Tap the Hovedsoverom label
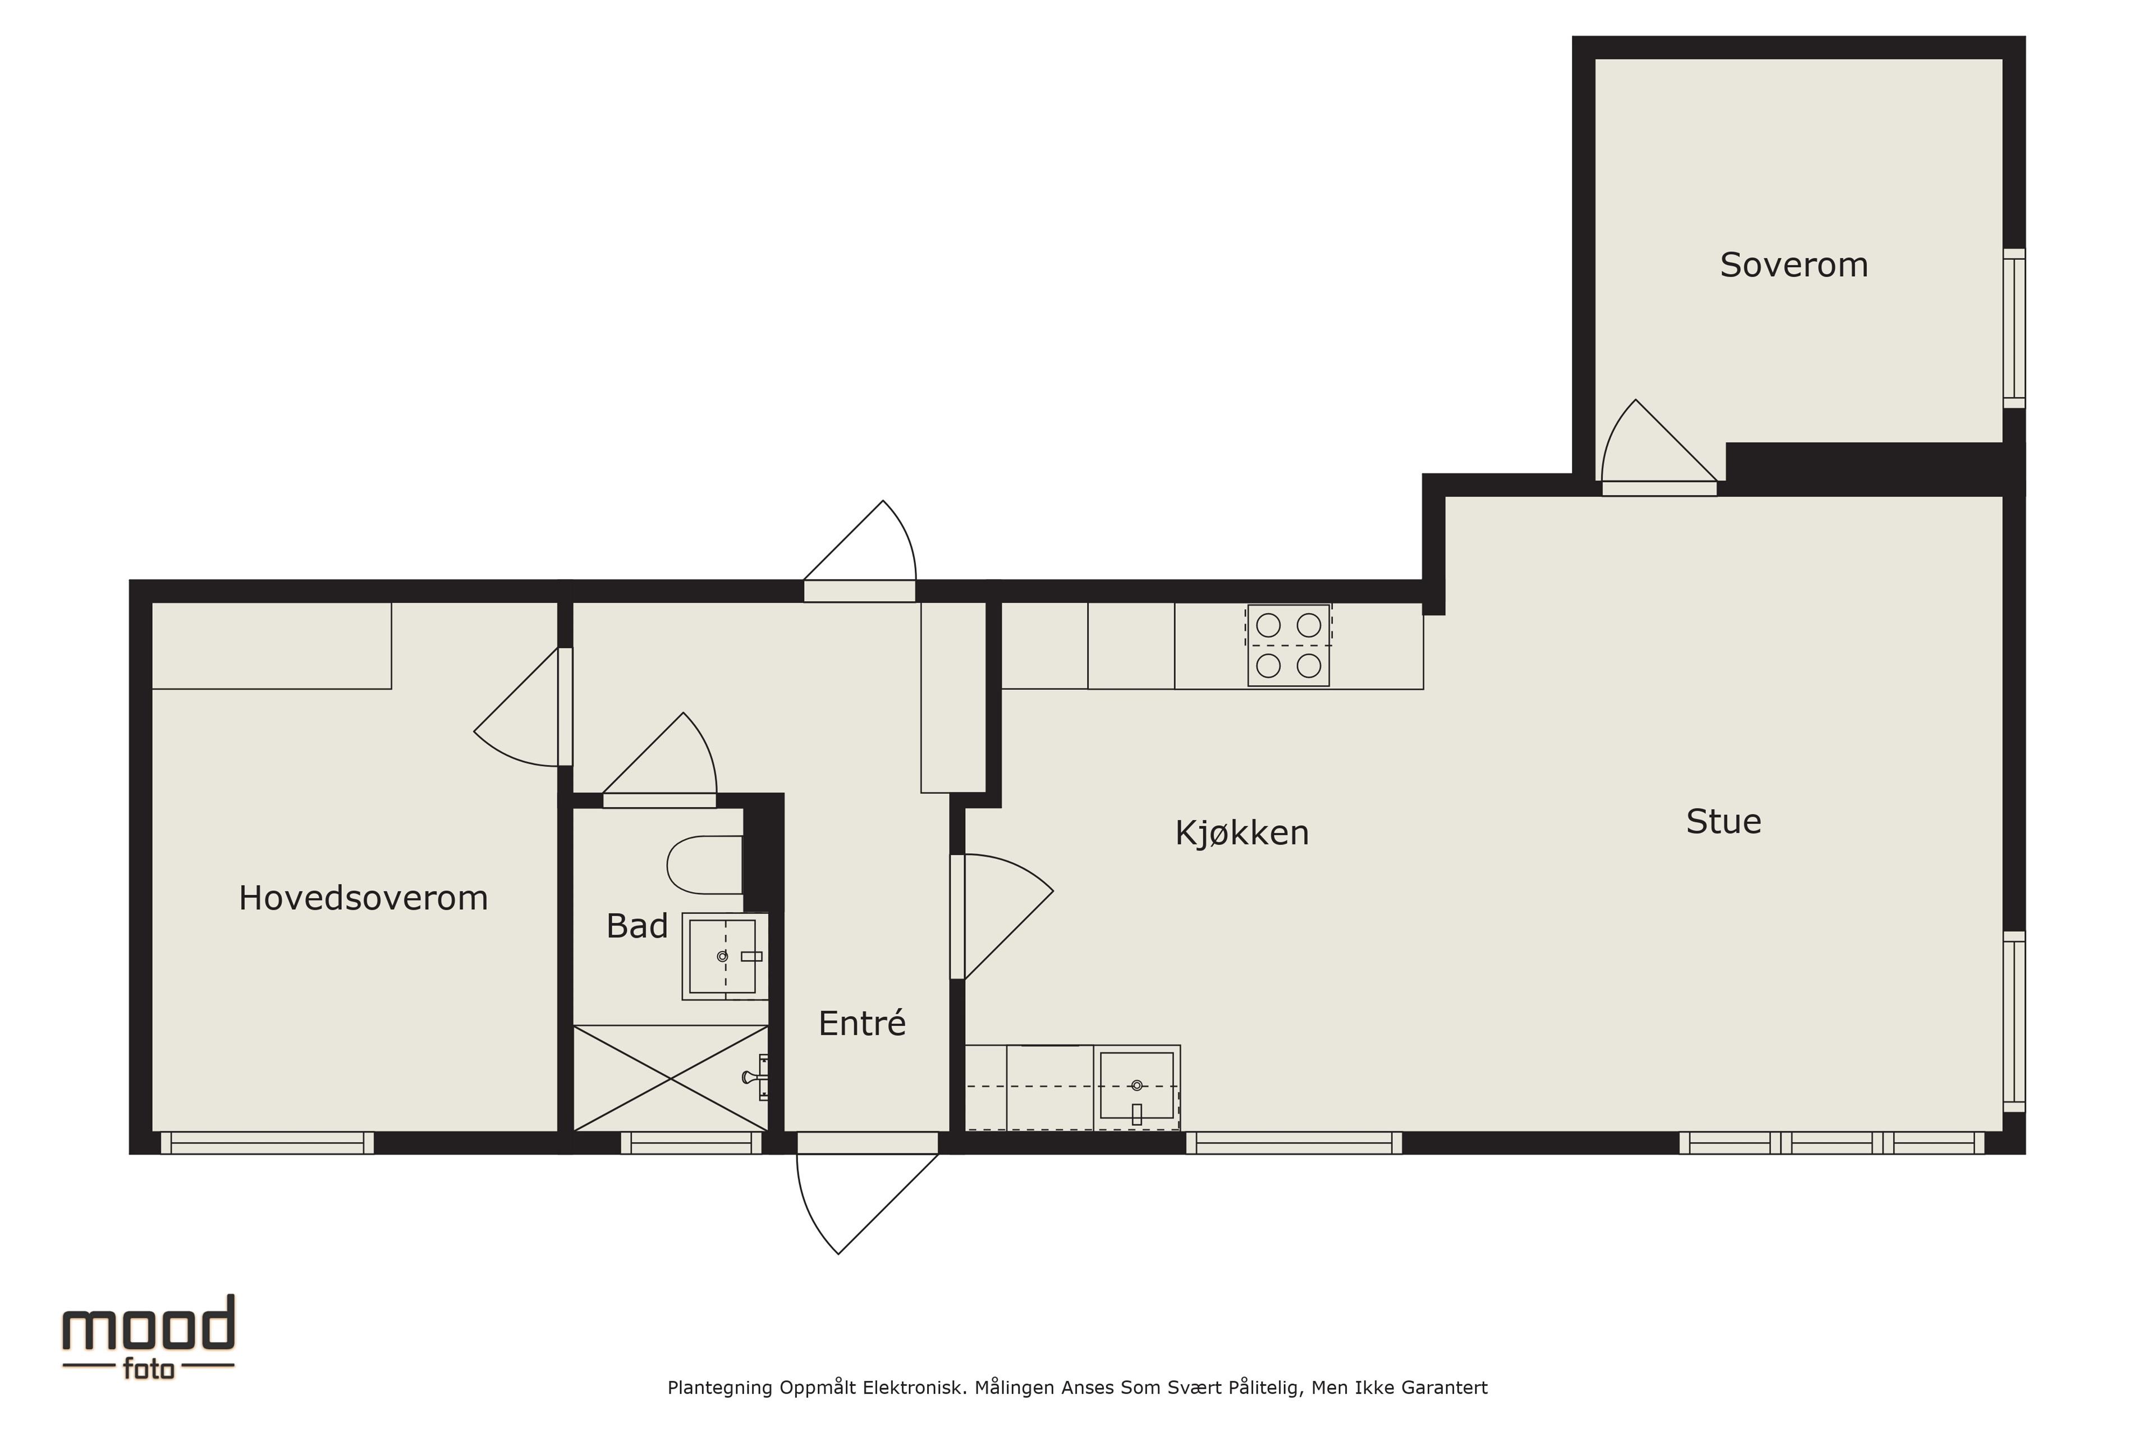[363, 898]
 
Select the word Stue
[1723, 821]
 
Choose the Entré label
[861, 1023]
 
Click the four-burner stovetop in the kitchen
[1289, 645]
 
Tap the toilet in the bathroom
[705, 864]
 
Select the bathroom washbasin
[725, 956]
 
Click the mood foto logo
[148, 1336]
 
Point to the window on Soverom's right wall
[2014, 328]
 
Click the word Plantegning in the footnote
[720, 1388]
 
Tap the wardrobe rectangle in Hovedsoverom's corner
[271, 645]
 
